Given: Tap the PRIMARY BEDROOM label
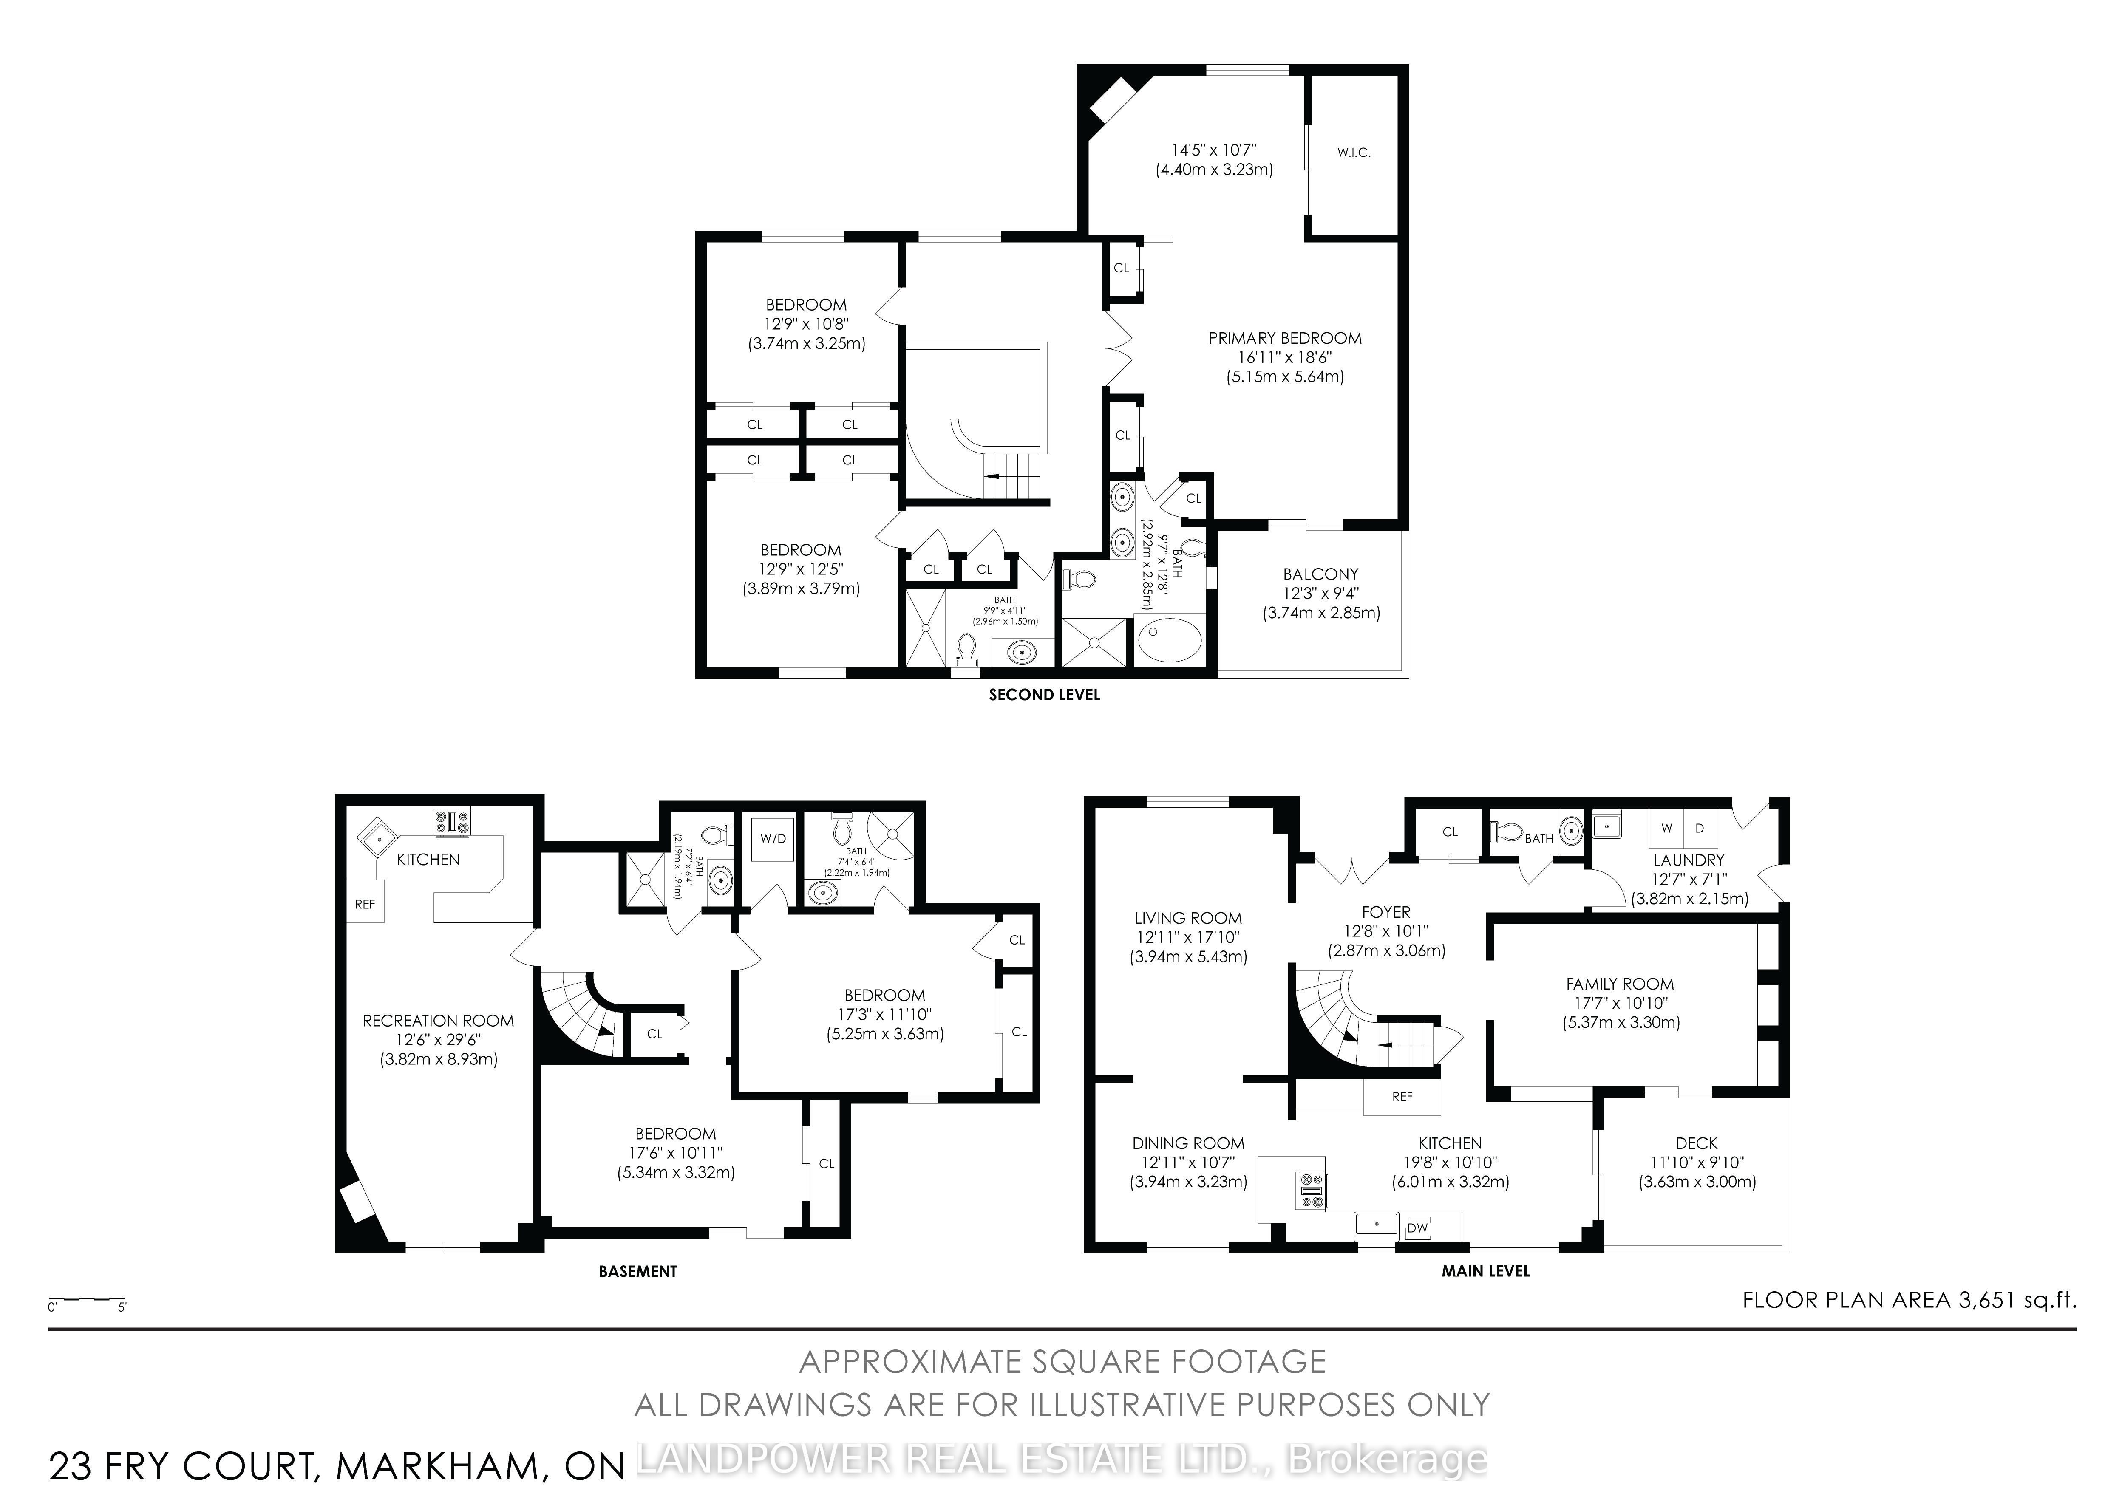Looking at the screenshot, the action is coord(1285,339).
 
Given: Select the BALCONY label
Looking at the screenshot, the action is coord(1321,575).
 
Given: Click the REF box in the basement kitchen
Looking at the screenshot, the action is coord(365,904).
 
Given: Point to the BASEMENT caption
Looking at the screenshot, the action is coord(637,1272).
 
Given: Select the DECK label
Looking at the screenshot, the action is coord(1697,1144).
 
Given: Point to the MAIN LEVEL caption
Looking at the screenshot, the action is coord(1485,1272).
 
